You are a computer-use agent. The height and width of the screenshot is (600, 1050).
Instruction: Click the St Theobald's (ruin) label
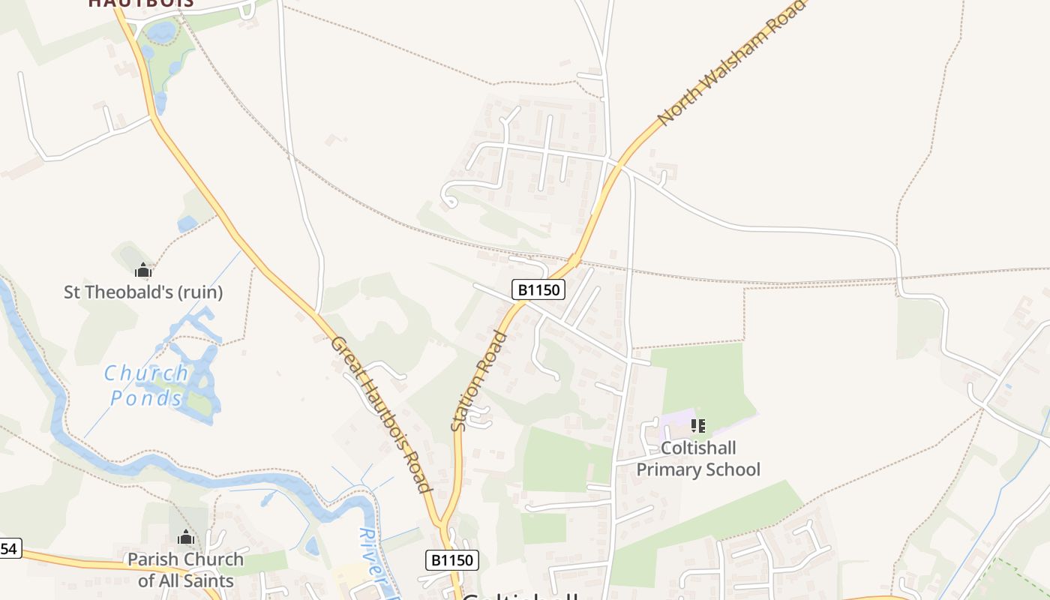tap(143, 292)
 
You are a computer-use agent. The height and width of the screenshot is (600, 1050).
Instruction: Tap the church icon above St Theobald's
tap(142, 270)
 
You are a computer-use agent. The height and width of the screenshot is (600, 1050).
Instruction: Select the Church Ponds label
tap(146, 385)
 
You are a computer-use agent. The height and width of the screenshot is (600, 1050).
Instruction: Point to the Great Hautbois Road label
tap(382, 415)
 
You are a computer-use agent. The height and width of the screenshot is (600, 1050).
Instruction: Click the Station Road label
tap(479, 381)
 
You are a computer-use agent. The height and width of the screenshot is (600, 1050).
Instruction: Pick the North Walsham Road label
tap(730, 62)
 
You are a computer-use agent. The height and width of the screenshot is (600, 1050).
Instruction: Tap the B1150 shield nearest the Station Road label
tap(538, 289)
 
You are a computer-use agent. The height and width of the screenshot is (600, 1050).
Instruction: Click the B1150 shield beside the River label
tap(451, 559)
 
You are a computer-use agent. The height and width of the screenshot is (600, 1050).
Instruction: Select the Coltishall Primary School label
tap(698, 459)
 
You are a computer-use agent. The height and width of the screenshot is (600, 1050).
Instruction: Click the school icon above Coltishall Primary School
tap(698, 426)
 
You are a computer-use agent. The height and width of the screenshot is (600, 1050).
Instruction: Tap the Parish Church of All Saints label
tap(185, 570)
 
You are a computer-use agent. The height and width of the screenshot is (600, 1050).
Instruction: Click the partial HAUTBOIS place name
tap(141, 3)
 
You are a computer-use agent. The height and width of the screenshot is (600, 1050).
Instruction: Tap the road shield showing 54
tap(8, 549)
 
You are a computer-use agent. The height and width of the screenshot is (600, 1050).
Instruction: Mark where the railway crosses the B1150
tap(574, 261)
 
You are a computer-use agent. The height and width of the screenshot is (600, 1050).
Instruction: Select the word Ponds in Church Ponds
tap(146, 398)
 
